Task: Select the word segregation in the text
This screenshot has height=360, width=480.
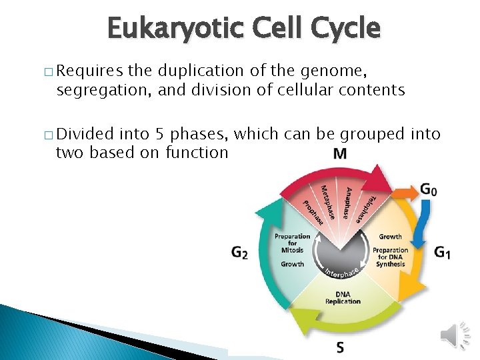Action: (x=103, y=89)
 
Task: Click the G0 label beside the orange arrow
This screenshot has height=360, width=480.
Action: (x=429, y=190)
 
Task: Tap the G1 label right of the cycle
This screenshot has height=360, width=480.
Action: (x=442, y=253)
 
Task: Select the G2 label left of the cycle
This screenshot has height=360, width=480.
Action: (x=239, y=253)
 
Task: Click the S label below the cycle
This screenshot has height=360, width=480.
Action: (x=340, y=347)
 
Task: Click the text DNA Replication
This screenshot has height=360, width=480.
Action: (x=343, y=298)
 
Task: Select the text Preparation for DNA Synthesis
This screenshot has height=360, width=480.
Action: (x=390, y=257)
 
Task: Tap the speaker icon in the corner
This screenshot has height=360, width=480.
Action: (x=457, y=334)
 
